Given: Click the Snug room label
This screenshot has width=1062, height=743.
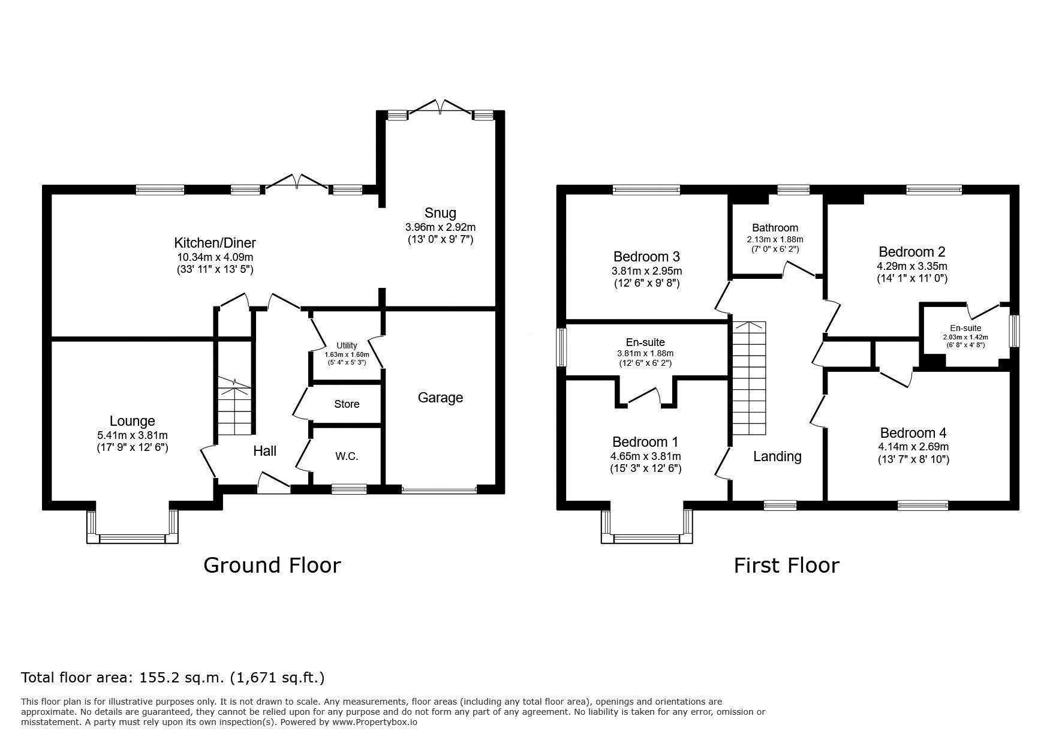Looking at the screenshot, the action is click(x=440, y=213).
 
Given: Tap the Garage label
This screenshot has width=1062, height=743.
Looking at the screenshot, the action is click(x=440, y=398).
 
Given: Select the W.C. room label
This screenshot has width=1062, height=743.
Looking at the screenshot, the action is click(x=347, y=456).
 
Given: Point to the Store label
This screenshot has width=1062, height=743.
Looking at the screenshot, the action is click(x=347, y=404).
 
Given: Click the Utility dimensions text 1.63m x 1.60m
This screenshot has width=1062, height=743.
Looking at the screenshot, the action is click(x=347, y=354).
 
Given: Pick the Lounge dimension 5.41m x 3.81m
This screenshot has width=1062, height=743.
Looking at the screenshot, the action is click(x=132, y=435).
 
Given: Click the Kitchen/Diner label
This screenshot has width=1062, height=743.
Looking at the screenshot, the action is click(x=215, y=243).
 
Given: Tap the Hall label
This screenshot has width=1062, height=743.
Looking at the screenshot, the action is click(x=264, y=451).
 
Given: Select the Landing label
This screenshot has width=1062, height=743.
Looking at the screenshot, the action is click(x=777, y=457).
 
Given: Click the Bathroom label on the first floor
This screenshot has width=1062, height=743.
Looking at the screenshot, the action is click(x=775, y=228).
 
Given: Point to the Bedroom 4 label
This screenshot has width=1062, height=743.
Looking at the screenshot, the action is click(x=908, y=433).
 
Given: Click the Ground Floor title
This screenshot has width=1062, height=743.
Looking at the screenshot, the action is click(x=272, y=565).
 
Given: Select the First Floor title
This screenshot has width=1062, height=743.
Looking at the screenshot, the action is click(x=787, y=565).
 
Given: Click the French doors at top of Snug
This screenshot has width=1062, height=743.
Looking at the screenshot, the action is click(x=441, y=107).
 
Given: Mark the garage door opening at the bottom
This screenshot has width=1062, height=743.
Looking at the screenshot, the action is click(x=440, y=489).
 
